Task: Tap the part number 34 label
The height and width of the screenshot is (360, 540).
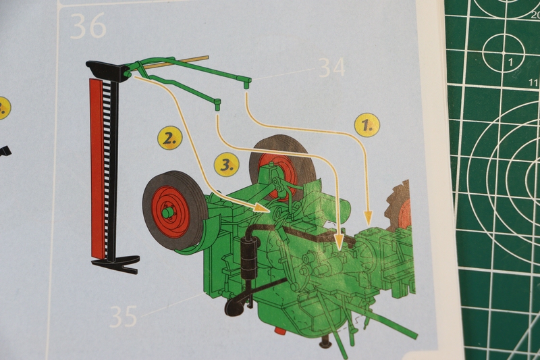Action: click(331, 68)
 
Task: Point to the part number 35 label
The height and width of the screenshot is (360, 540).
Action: click(123, 315)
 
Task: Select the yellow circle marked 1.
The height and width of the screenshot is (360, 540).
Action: click(367, 125)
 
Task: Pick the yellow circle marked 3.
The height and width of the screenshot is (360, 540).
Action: click(227, 164)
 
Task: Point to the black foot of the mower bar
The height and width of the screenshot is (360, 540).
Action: click(115, 262)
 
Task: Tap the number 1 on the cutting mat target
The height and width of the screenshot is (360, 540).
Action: click(510, 63)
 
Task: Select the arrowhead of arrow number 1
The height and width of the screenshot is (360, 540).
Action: click(367, 220)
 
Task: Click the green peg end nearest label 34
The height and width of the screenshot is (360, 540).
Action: click(248, 83)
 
